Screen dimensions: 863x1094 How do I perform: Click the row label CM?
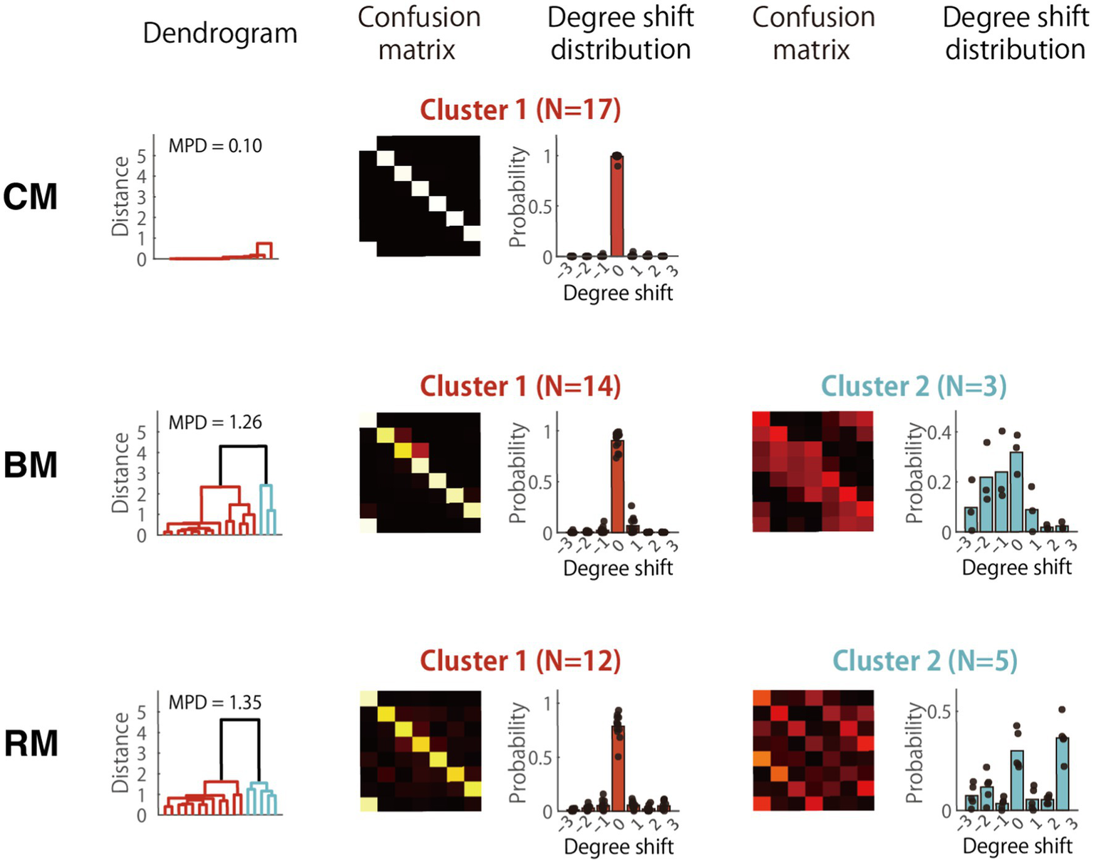[30, 197]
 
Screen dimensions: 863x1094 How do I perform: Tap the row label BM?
[30, 465]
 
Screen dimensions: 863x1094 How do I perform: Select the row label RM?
[31, 743]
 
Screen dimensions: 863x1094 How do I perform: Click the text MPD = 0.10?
[215, 146]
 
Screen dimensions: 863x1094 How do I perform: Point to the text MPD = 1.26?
[215, 423]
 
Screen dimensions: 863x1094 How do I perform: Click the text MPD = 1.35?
[215, 703]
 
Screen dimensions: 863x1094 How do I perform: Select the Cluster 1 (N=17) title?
[520, 110]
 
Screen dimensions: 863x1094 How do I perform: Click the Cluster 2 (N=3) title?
[914, 386]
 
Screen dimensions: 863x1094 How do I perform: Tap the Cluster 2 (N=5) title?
[924, 661]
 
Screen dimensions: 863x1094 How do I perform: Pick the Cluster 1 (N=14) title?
[520, 386]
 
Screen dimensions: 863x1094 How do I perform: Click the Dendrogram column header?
[220, 33]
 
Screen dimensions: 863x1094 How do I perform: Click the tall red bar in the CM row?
[616, 207]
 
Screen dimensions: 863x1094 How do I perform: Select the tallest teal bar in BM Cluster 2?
[1017, 492]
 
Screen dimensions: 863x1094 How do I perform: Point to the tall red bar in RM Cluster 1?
[617, 770]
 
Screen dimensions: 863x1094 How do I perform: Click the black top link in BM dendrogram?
[242, 447]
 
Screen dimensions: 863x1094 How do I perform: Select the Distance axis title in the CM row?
[120, 197]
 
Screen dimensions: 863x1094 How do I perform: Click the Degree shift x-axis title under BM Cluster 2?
[1016, 568]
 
